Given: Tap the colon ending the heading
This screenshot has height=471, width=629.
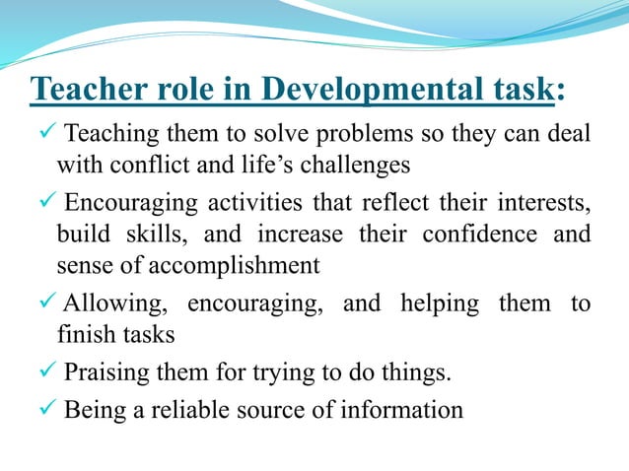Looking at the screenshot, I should coord(560,91).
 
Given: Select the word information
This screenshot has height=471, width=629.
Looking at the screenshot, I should coord(406,408).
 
